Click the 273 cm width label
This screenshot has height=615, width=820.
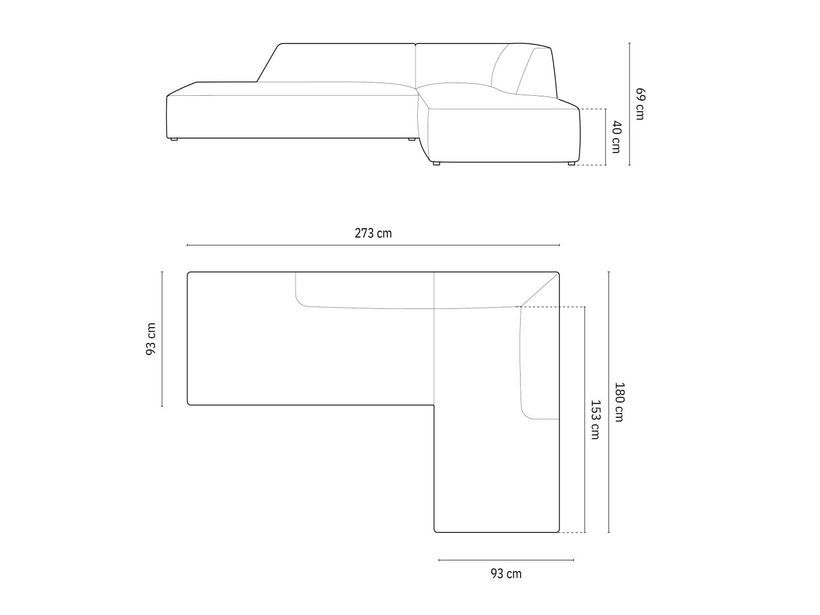[373, 233]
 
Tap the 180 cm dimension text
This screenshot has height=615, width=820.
[619, 402]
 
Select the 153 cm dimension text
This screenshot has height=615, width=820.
[595, 420]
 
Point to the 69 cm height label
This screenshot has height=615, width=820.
[640, 104]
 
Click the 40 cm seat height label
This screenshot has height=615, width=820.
[616, 137]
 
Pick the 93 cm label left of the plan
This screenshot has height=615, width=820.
[151, 339]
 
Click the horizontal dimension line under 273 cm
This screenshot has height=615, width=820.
[373, 245]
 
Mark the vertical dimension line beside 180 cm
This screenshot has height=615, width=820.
[609, 402]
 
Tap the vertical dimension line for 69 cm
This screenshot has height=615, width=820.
[630, 104]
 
